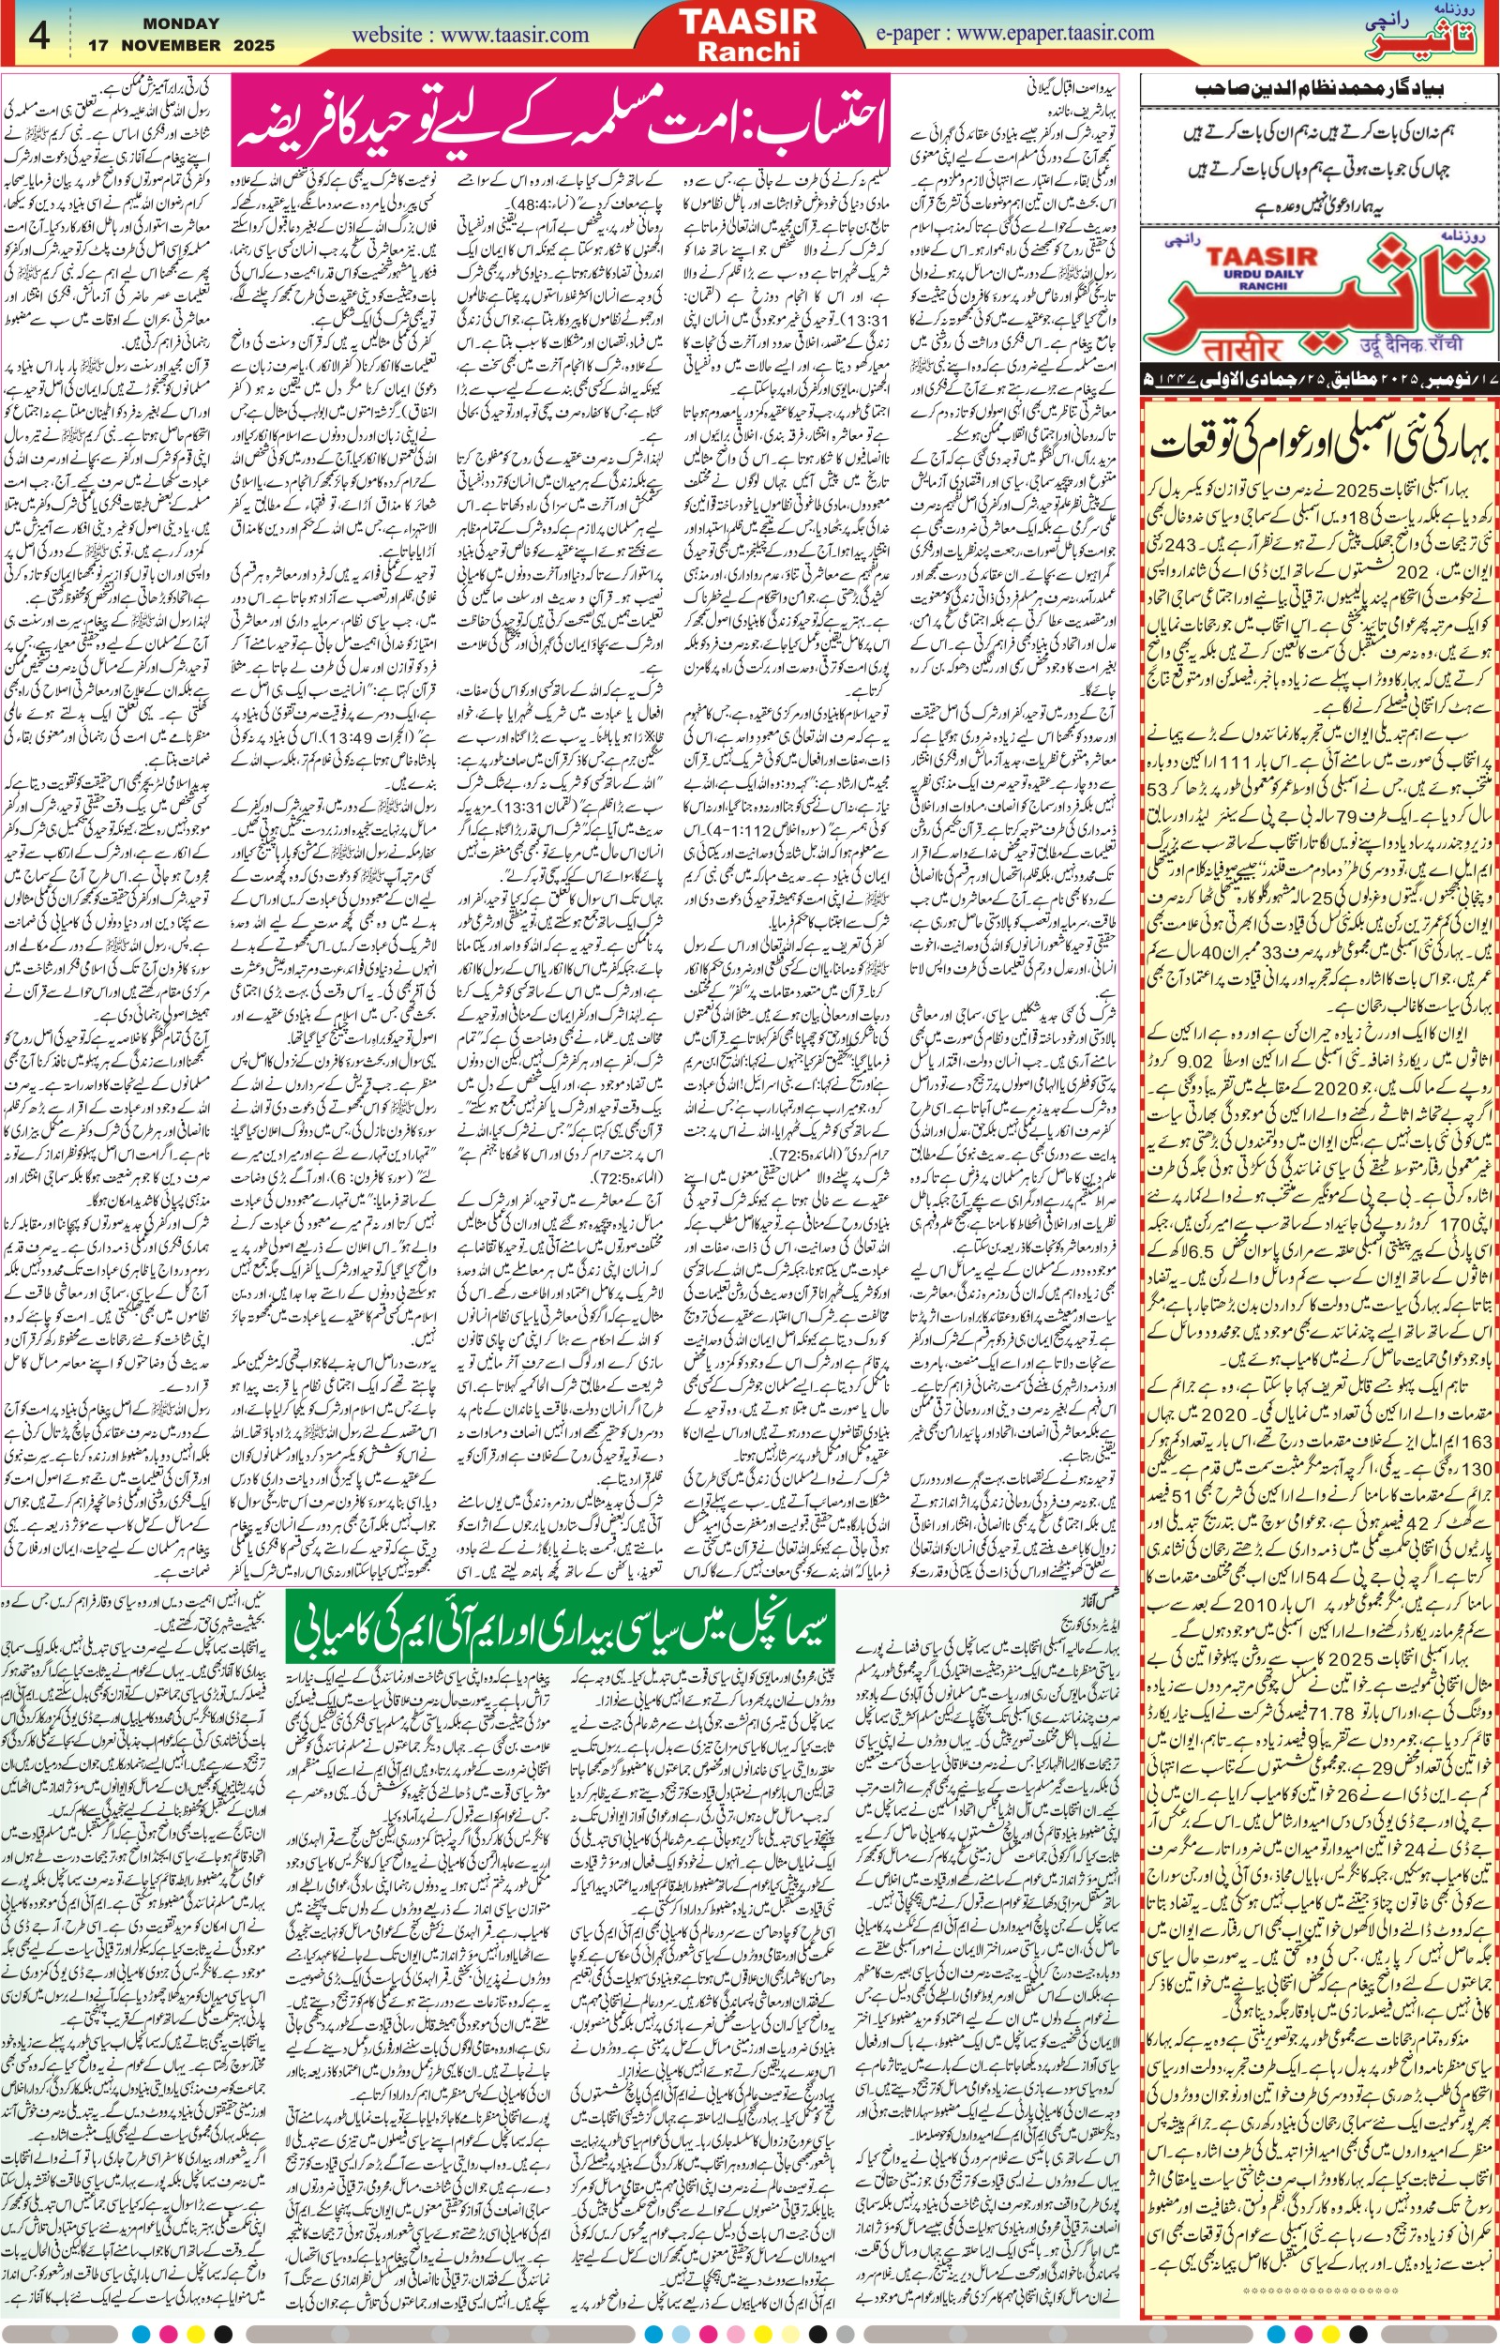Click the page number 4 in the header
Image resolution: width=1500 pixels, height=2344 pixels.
(40, 36)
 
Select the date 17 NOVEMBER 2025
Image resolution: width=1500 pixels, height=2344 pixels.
(181, 45)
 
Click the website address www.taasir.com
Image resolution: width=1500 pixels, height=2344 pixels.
(471, 35)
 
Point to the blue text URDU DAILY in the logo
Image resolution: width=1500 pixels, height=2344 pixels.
(1264, 275)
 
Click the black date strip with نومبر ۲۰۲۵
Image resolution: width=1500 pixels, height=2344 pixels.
(1319, 377)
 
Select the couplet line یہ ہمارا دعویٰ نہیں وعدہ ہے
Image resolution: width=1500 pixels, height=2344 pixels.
(1319, 207)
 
